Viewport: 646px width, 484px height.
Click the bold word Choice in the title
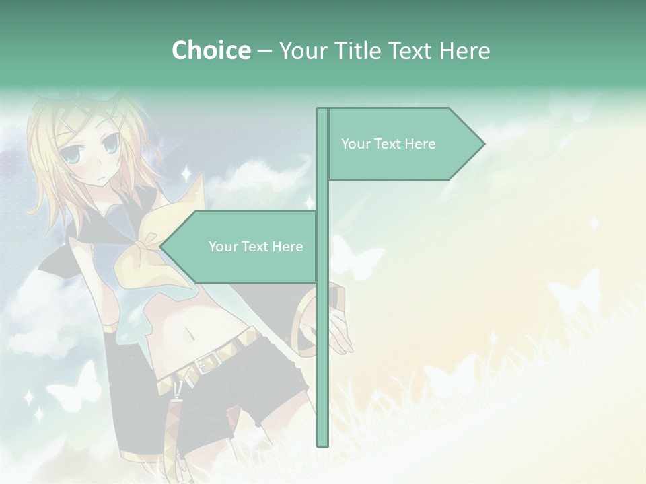[211, 50]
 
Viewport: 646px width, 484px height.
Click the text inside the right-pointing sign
[388, 144]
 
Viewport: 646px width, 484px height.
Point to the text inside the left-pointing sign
[256, 247]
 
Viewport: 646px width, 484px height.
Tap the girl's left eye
[111, 143]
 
